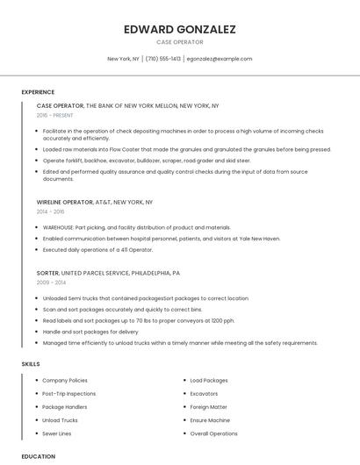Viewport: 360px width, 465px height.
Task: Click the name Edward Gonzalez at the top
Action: coord(179,29)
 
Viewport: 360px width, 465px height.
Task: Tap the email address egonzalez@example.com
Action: coord(219,59)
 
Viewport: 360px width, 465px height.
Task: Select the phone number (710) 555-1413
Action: coord(163,59)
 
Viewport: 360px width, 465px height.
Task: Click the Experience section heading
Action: coord(38,92)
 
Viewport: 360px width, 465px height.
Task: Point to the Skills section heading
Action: coord(30,363)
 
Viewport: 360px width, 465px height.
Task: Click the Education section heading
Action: coord(38,456)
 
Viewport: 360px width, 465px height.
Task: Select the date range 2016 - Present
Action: coord(54,115)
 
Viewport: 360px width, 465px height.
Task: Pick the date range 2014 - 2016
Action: coord(50,211)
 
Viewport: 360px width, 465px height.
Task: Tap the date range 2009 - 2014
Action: coord(50,283)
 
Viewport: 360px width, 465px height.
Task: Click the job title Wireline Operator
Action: coord(65,202)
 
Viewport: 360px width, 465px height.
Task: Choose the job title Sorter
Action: coord(47,273)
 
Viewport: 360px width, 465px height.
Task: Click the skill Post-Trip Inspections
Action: coord(68,394)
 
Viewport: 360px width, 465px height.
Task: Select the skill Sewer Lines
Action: coord(57,433)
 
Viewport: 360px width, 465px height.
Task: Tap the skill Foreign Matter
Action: coord(208,407)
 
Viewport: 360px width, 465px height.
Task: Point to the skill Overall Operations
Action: coord(213,433)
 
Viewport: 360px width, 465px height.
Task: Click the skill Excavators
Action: coord(205,394)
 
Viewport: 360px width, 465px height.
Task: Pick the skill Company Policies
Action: coord(65,381)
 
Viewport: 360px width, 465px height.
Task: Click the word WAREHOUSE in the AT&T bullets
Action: coord(59,227)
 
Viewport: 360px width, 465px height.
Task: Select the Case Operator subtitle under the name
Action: coord(179,42)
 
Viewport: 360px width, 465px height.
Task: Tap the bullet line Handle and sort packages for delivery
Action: coord(90,332)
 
